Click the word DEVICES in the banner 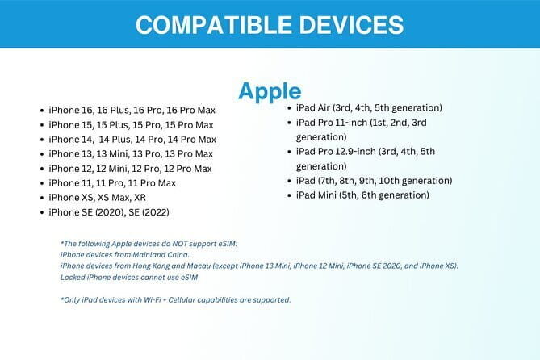(x=352, y=24)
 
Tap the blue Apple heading (x=269, y=91)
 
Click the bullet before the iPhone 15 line (x=41, y=125)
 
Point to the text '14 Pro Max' (x=190, y=139)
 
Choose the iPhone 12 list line (x=130, y=168)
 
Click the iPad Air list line (x=369, y=107)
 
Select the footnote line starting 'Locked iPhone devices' (x=128, y=277)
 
